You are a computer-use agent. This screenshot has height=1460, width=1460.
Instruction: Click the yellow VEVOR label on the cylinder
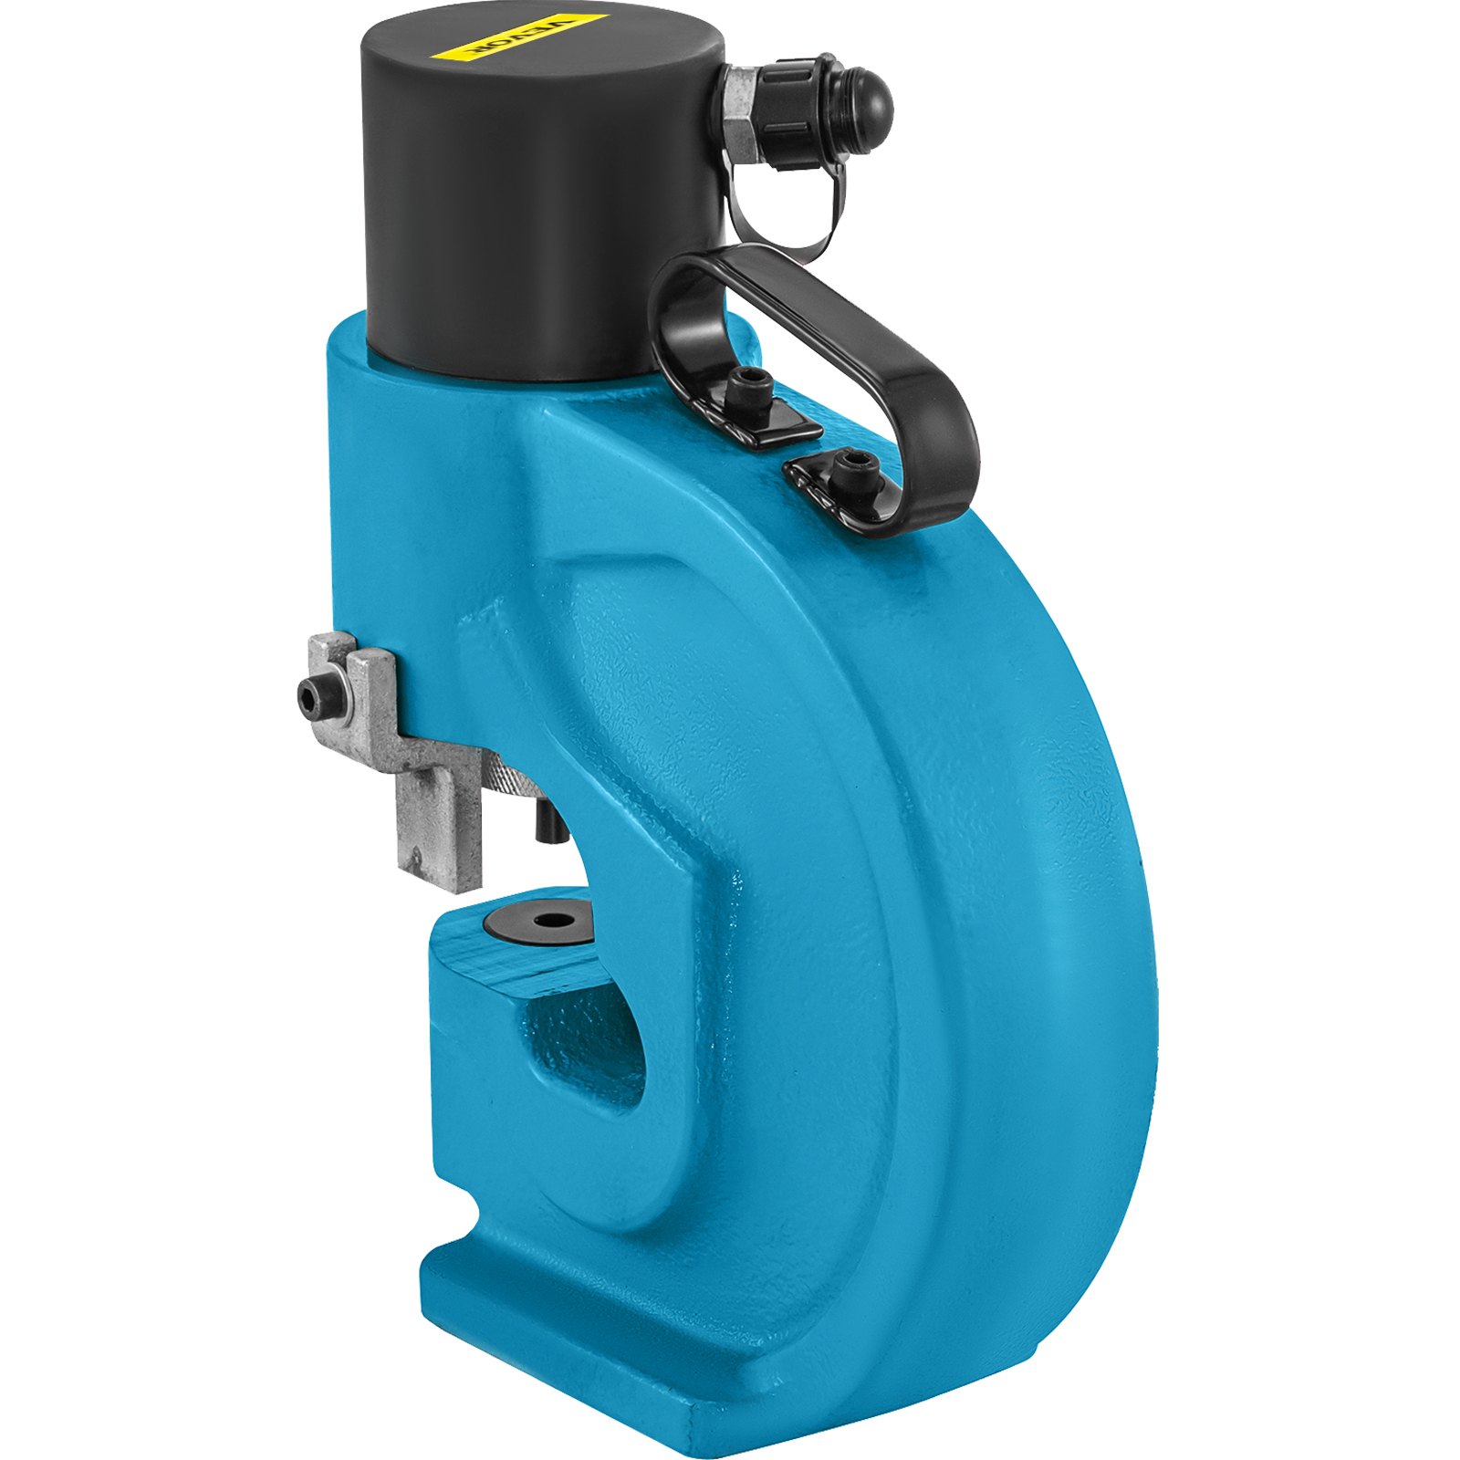click(x=534, y=37)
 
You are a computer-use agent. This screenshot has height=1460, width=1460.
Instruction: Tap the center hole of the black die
click(x=549, y=921)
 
